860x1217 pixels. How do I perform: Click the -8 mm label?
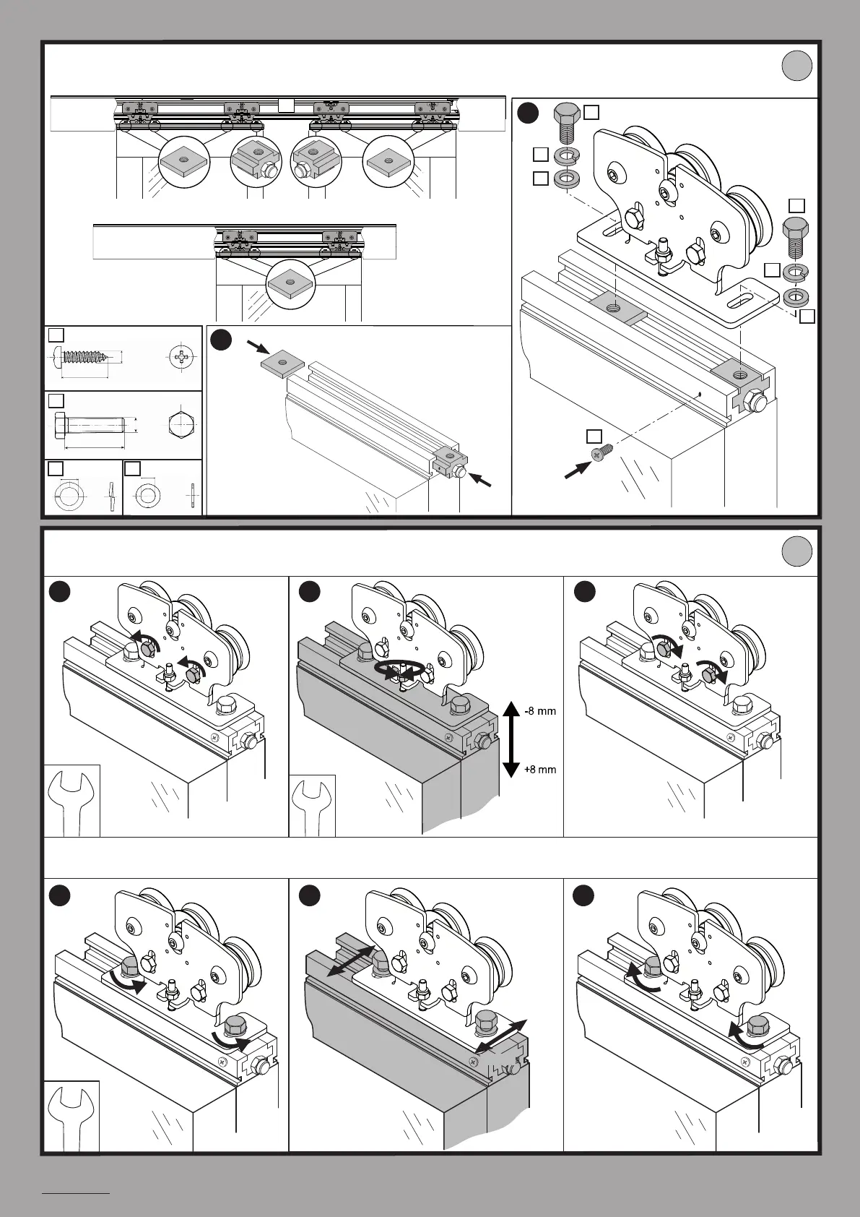540,710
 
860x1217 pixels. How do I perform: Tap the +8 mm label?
540,769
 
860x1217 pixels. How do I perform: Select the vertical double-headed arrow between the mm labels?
510,739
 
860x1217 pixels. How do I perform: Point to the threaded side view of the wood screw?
87,357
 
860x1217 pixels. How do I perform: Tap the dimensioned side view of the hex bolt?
92,426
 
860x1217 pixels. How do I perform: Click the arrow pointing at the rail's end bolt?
481,481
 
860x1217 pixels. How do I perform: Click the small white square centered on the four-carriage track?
287,106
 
